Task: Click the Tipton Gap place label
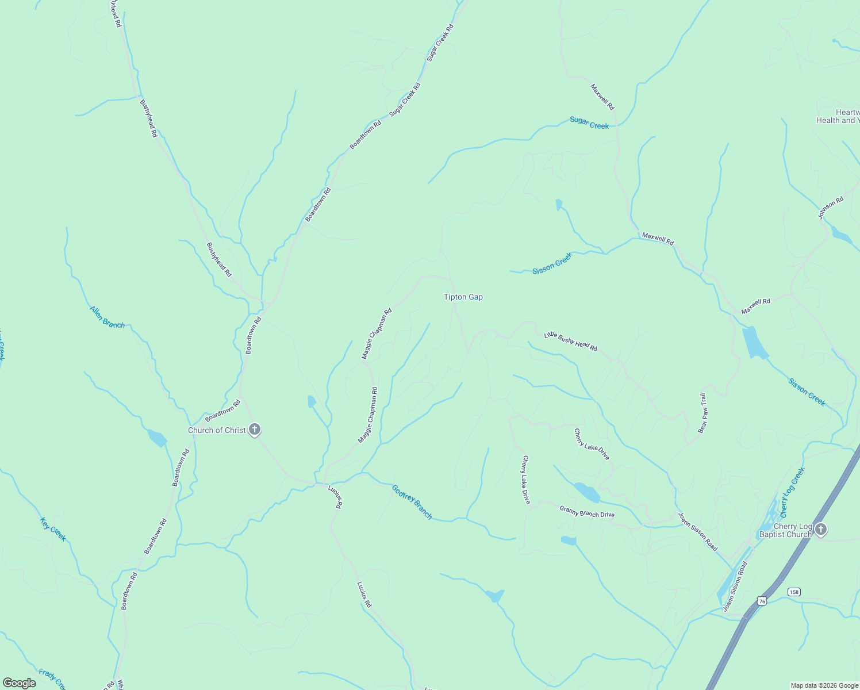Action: [x=463, y=297]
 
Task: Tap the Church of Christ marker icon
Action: [x=255, y=430]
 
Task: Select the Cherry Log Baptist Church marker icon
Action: [x=821, y=530]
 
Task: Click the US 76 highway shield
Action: [x=762, y=600]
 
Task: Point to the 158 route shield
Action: [x=794, y=592]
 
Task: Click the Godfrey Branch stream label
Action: [x=412, y=502]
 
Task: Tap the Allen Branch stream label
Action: [x=107, y=317]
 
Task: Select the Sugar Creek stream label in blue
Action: [x=589, y=122]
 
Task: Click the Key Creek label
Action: [x=53, y=529]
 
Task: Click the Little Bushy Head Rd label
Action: [x=570, y=342]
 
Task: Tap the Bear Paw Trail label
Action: [x=702, y=413]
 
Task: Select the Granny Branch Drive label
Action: [x=587, y=511]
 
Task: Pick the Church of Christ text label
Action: [x=217, y=430]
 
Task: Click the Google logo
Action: [x=20, y=683]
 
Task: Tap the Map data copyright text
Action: [x=824, y=685]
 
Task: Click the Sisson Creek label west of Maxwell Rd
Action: [x=552, y=263]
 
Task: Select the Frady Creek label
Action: [x=53, y=678]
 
